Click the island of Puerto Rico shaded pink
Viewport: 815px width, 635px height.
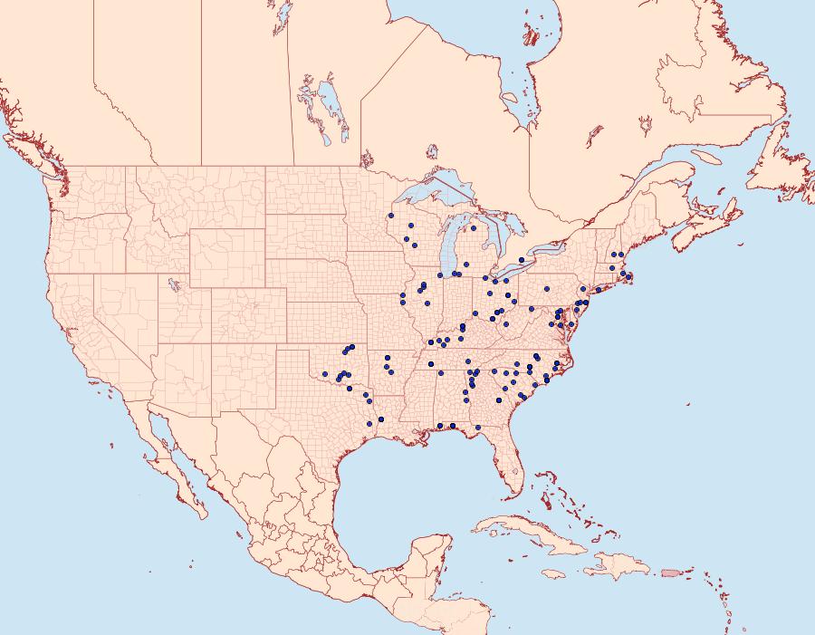tap(671, 572)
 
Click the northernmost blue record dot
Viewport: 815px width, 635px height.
tap(390, 216)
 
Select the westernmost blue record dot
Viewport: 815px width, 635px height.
tap(325, 373)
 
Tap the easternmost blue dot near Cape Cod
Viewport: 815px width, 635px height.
tap(629, 275)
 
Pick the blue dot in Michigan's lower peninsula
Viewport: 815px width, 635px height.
tap(473, 228)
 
